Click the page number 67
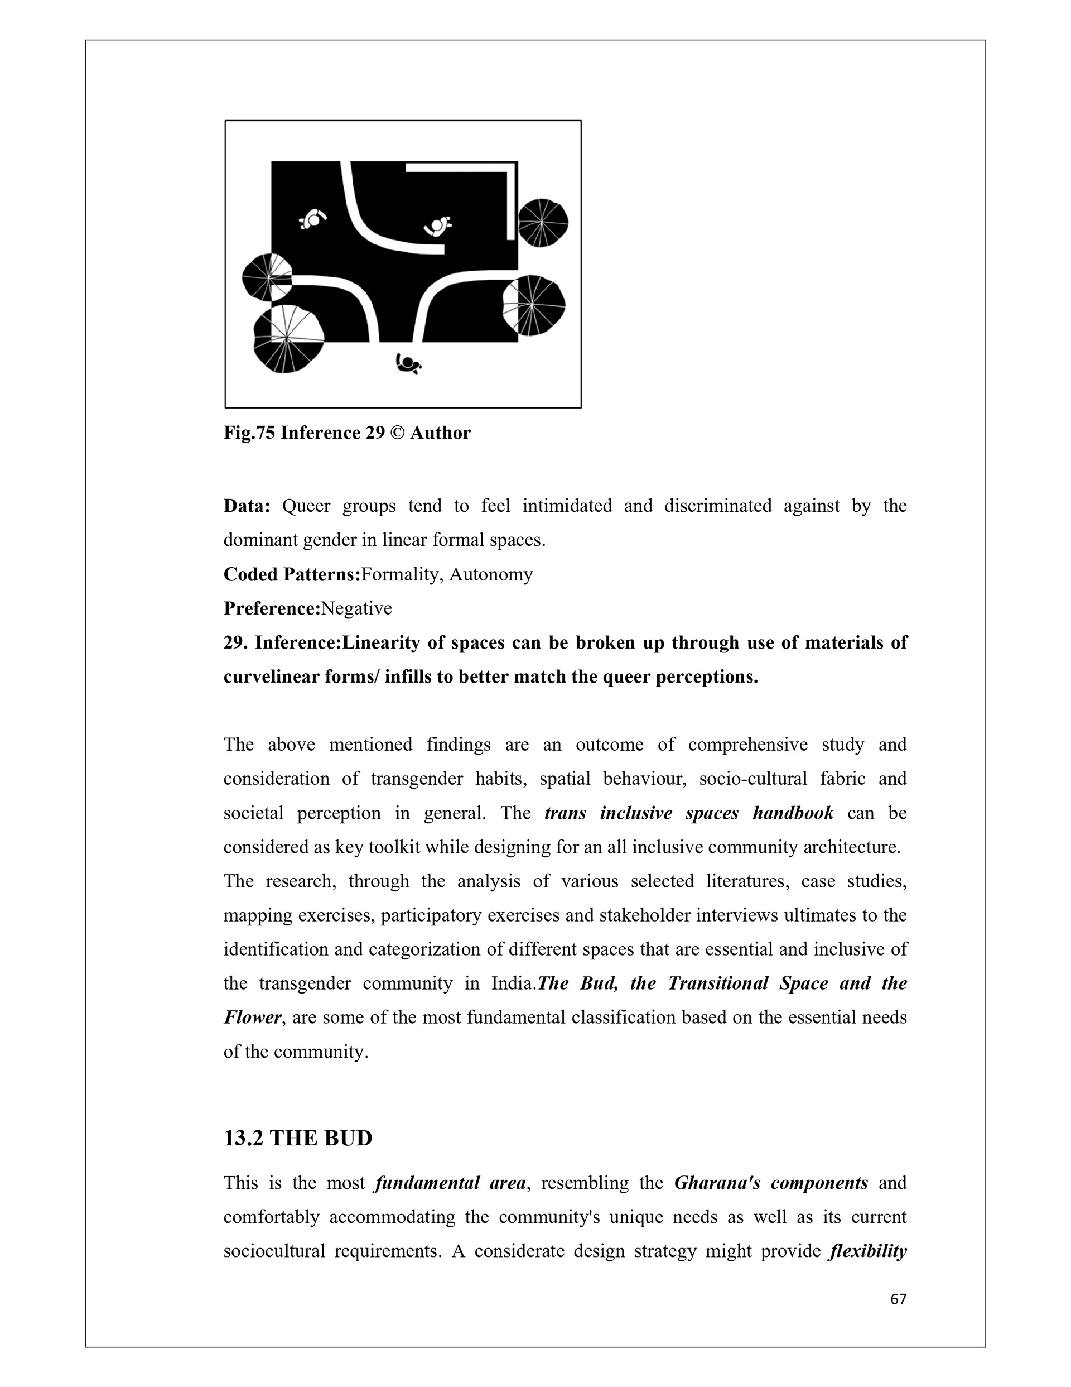898,1299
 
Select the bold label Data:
247,506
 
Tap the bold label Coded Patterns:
291,575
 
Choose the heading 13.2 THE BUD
298,1138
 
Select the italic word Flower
252,1018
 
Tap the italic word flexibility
868,1252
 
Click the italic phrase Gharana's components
771,1183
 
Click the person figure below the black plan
408,364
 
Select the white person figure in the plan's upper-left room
312,220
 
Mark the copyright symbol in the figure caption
397,433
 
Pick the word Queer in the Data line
306,506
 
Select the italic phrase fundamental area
450,1183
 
